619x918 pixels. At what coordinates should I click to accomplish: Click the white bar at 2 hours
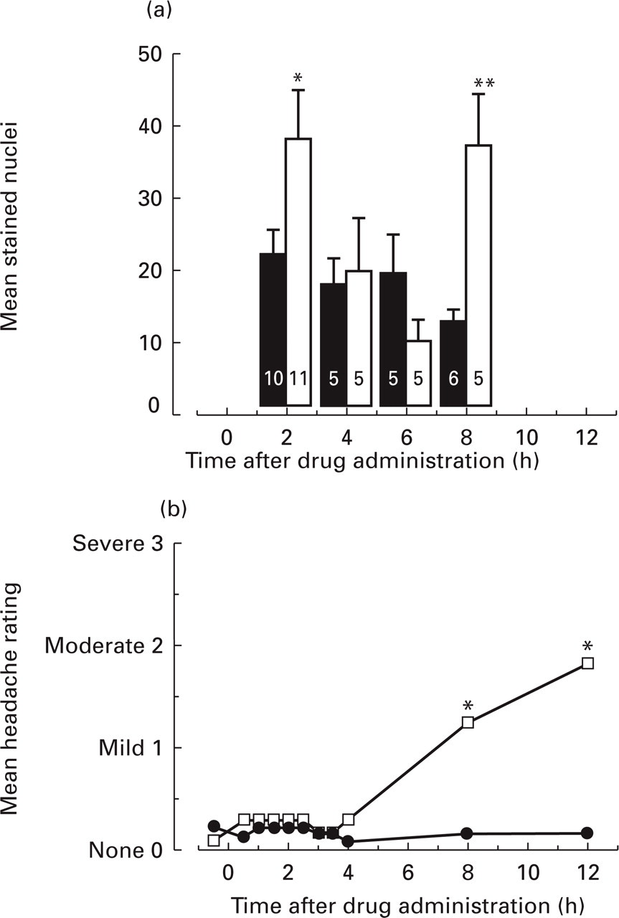coord(298,272)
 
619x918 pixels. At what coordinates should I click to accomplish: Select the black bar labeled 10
coord(273,329)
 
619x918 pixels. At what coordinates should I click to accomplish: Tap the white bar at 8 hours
coord(479,275)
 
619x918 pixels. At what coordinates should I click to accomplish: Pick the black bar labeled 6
coord(453,363)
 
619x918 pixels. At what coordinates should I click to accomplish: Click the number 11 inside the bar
coord(298,378)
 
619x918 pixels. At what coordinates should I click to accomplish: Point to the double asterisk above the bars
coord(484,84)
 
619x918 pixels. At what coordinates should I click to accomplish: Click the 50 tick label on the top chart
coord(150,54)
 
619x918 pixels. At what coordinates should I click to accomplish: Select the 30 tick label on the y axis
coord(150,199)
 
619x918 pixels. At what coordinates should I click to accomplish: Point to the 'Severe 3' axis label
coord(118,544)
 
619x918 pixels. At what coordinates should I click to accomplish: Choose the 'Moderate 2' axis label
coord(104,646)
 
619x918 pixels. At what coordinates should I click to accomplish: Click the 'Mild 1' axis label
coord(131,748)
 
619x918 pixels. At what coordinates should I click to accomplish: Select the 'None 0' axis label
coord(126,851)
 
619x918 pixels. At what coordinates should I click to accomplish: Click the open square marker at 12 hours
coord(587,663)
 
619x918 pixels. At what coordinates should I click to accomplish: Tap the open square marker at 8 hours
coord(468,722)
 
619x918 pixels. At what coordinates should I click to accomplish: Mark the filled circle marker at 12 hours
coord(587,833)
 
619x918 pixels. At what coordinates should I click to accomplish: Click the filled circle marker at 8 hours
coord(467,833)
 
